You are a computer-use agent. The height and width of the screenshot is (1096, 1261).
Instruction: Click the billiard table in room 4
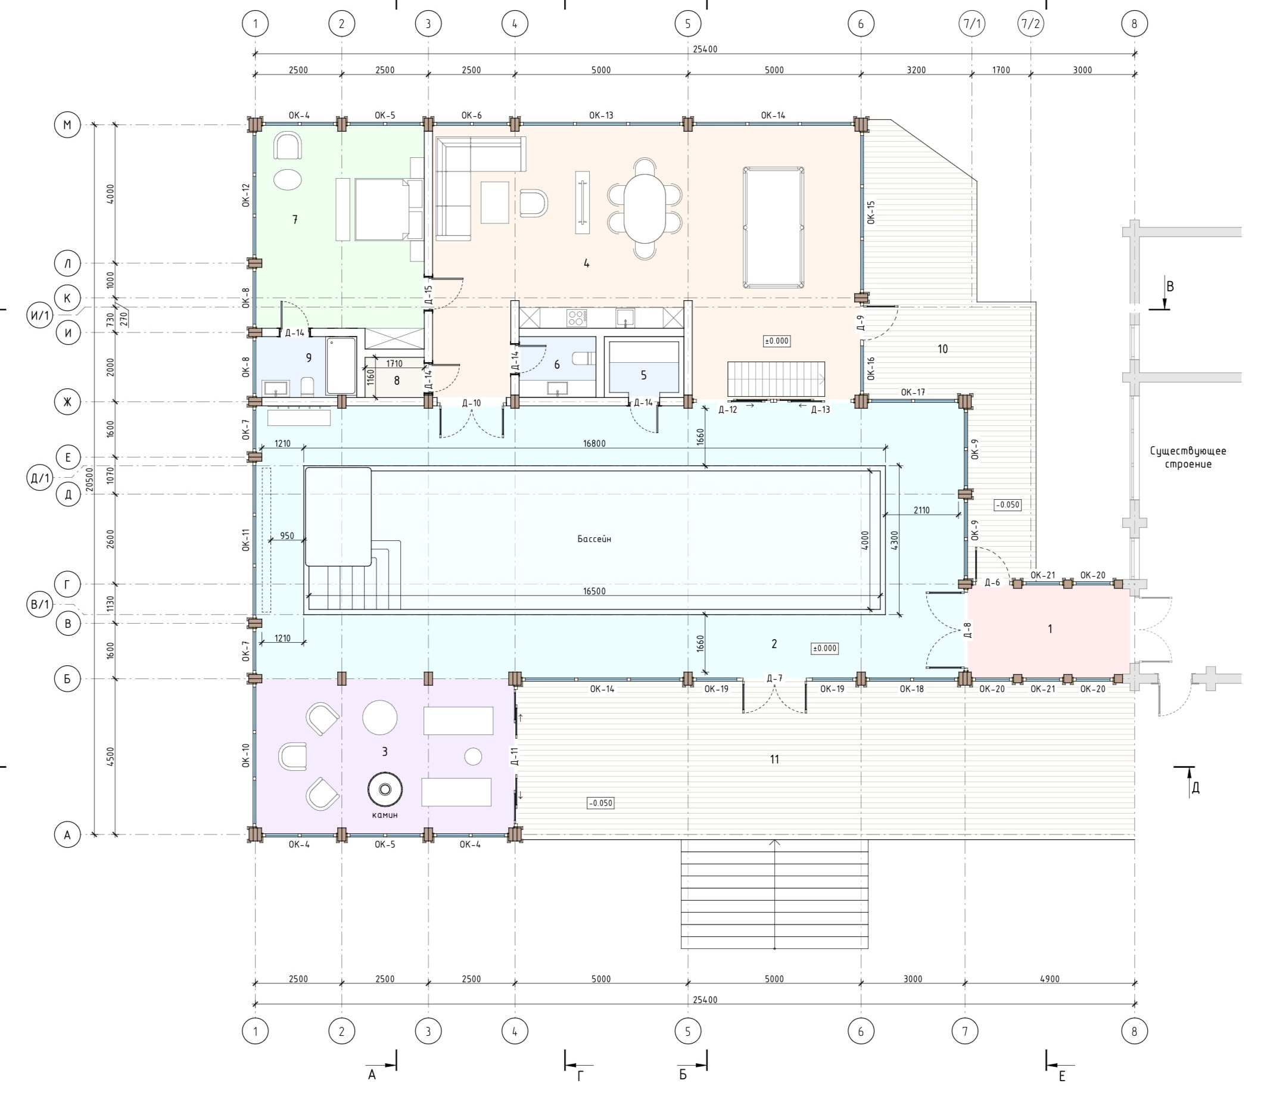773,227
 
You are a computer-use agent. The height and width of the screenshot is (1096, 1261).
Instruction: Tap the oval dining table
644,208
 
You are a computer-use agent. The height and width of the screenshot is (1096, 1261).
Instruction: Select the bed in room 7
381,209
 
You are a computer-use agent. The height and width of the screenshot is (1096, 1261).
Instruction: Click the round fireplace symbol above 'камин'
385,790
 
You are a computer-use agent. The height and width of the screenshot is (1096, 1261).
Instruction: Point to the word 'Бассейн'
594,539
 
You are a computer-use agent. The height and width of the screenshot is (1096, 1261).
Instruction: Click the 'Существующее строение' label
1188,457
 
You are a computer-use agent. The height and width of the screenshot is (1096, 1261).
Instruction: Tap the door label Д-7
774,678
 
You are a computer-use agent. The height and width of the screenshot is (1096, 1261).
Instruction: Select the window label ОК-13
601,115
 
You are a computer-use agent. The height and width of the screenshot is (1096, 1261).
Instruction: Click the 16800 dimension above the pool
594,443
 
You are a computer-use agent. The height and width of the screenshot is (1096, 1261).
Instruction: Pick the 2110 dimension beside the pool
921,510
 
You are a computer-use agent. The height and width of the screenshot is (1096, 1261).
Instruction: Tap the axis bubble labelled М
67,125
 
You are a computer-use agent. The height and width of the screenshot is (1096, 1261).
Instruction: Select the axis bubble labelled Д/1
40,478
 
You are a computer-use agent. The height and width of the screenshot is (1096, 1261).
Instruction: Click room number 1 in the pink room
1050,629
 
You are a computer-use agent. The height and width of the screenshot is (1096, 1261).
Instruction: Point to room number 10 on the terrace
942,348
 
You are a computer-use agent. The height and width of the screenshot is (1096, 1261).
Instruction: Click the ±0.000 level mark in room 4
777,341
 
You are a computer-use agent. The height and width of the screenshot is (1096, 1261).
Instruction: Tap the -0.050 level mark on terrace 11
600,803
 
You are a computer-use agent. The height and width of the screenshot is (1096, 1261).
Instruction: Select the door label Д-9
861,322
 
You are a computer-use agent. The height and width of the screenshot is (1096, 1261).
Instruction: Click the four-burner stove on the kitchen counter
577,317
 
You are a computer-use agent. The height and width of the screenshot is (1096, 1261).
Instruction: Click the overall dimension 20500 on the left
89,479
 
